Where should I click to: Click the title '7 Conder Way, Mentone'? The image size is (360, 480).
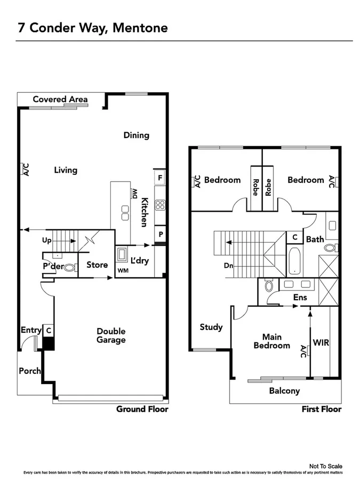(x=93, y=28)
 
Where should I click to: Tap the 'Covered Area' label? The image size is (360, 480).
(x=60, y=99)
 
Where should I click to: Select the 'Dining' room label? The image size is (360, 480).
(x=136, y=135)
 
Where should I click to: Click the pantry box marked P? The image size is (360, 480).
(x=159, y=234)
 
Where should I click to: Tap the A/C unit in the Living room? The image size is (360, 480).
(x=25, y=170)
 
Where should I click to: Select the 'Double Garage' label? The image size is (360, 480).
(x=111, y=335)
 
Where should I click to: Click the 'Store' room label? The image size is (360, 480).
(x=97, y=265)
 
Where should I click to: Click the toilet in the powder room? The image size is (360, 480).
(x=69, y=268)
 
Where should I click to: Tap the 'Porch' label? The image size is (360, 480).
(x=29, y=371)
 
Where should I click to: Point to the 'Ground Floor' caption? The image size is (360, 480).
(x=142, y=409)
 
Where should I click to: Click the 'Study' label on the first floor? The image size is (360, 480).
(x=211, y=327)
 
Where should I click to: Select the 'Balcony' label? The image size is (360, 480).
(x=284, y=391)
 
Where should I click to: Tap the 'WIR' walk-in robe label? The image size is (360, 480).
(x=321, y=342)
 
